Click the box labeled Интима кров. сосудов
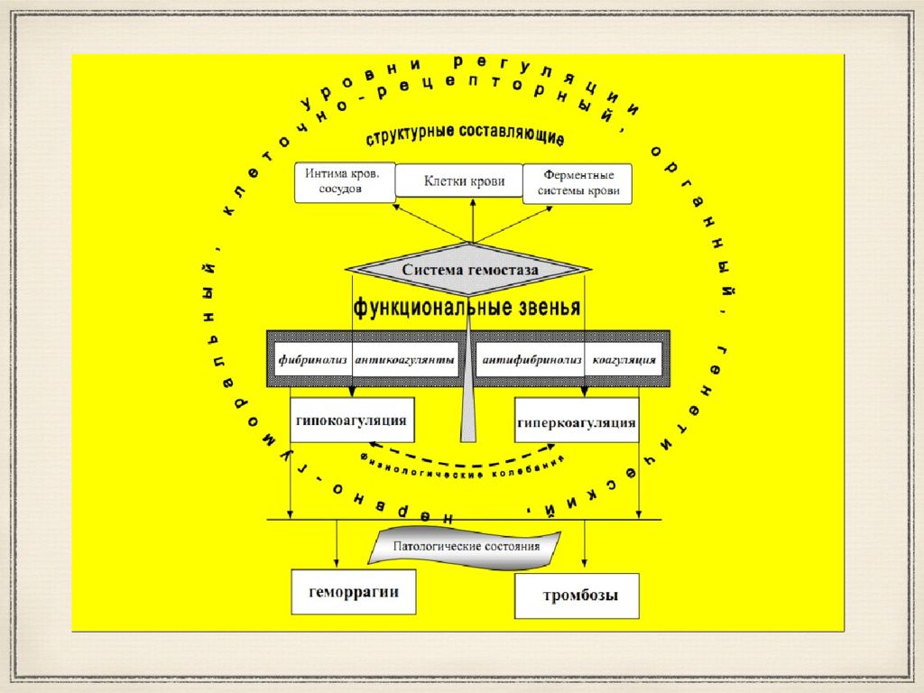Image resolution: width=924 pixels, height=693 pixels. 344,182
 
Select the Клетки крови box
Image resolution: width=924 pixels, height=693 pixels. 465,181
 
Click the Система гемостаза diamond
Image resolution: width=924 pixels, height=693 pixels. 469,269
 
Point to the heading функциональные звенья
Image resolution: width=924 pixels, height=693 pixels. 467,308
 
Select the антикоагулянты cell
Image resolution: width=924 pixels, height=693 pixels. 405,359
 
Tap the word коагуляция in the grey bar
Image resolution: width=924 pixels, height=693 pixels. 624,359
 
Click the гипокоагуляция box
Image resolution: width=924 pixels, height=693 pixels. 352,420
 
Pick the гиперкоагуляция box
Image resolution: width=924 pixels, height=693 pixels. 577,421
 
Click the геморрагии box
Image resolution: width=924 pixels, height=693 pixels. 354,592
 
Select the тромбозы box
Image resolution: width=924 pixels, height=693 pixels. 577,596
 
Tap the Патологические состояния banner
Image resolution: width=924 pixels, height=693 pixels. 466,548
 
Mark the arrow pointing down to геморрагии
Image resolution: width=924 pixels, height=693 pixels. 337,546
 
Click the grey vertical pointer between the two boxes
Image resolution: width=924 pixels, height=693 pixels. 467,411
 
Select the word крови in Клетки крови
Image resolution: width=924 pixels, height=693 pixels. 486,181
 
